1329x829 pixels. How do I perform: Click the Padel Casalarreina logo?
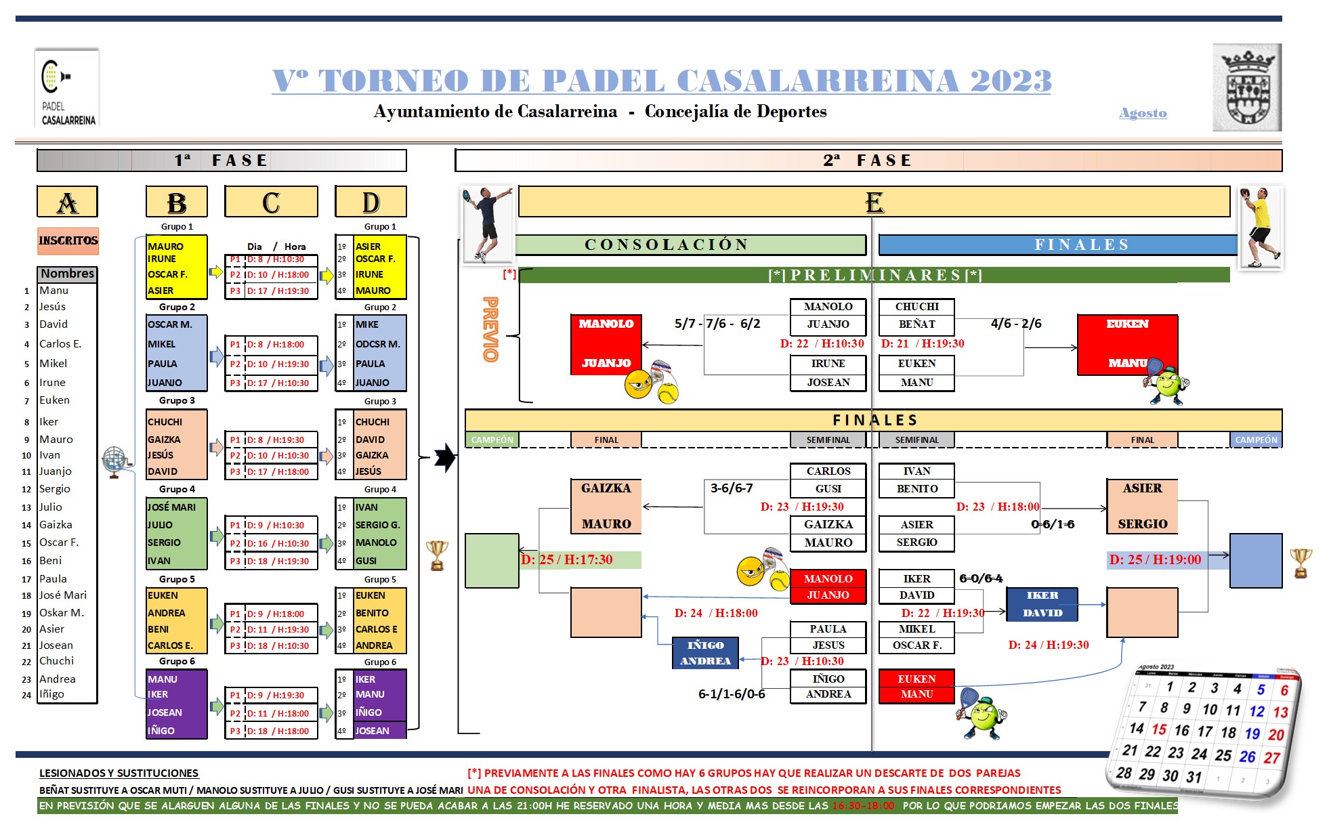pyautogui.click(x=67, y=88)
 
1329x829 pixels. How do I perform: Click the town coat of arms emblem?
pyautogui.click(x=1246, y=88)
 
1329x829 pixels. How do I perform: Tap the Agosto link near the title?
pyautogui.click(x=1143, y=113)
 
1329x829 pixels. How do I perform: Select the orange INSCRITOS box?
pyautogui.click(x=68, y=240)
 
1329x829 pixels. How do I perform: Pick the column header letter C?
pyautogui.click(x=271, y=202)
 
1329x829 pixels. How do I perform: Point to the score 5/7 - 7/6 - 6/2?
pyautogui.click(x=717, y=324)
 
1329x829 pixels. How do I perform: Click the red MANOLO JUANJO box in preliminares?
pyautogui.click(x=606, y=344)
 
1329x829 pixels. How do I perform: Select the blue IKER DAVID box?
pyautogui.click(x=1042, y=604)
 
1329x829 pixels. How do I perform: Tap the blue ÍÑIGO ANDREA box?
pyautogui.click(x=705, y=653)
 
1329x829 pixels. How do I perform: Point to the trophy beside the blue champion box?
pyautogui.click(x=1301, y=563)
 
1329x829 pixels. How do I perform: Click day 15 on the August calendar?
pyautogui.click(x=1159, y=729)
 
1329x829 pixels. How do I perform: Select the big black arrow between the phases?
pyautogui.click(x=444, y=457)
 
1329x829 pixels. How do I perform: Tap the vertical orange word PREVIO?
pyautogui.click(x=490, y=329)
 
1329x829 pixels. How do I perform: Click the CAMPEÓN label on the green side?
pyautogui.click(x=492, y=440)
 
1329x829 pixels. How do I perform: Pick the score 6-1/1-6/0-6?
pyautogui.click(x=732, y=694)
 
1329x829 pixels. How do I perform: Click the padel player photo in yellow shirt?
pyautogui.click(x=1260, y=228)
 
